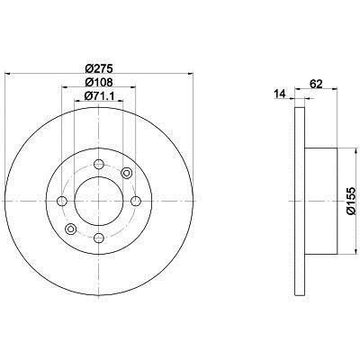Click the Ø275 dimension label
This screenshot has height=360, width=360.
99,68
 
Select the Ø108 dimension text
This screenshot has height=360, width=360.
99,82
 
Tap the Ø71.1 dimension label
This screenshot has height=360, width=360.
100,95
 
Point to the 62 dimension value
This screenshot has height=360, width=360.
316,84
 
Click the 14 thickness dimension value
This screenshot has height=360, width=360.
279,94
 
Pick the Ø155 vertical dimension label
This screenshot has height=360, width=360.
350,201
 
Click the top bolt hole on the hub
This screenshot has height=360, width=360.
99,164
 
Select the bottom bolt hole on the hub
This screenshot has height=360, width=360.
99,238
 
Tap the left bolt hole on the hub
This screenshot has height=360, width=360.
62,201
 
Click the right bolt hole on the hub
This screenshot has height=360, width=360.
136,201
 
